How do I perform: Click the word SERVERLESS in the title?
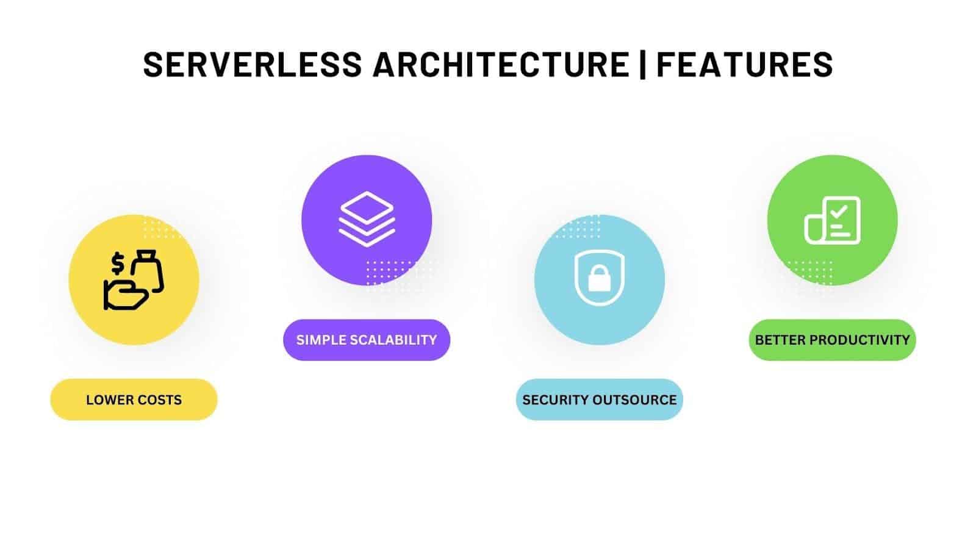[x=252, y=64]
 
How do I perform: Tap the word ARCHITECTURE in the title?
[x=501, y=64]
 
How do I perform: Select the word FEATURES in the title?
[x=744, y=64]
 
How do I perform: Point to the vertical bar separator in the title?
[x=643, y=64]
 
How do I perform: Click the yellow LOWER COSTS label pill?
[x=134, y=400]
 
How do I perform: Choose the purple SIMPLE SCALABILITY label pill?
[x=367, y=340]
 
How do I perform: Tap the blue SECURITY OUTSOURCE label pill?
[x=600, y=400]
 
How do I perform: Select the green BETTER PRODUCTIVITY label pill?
[x=832, y=340]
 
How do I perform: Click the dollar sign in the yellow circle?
[x=118, y=264]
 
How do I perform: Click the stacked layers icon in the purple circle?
[x=367, y=219]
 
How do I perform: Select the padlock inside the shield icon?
[x=599, y=279]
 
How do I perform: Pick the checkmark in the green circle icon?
[x=839, y=212]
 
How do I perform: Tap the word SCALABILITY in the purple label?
[x=397, y=340]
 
